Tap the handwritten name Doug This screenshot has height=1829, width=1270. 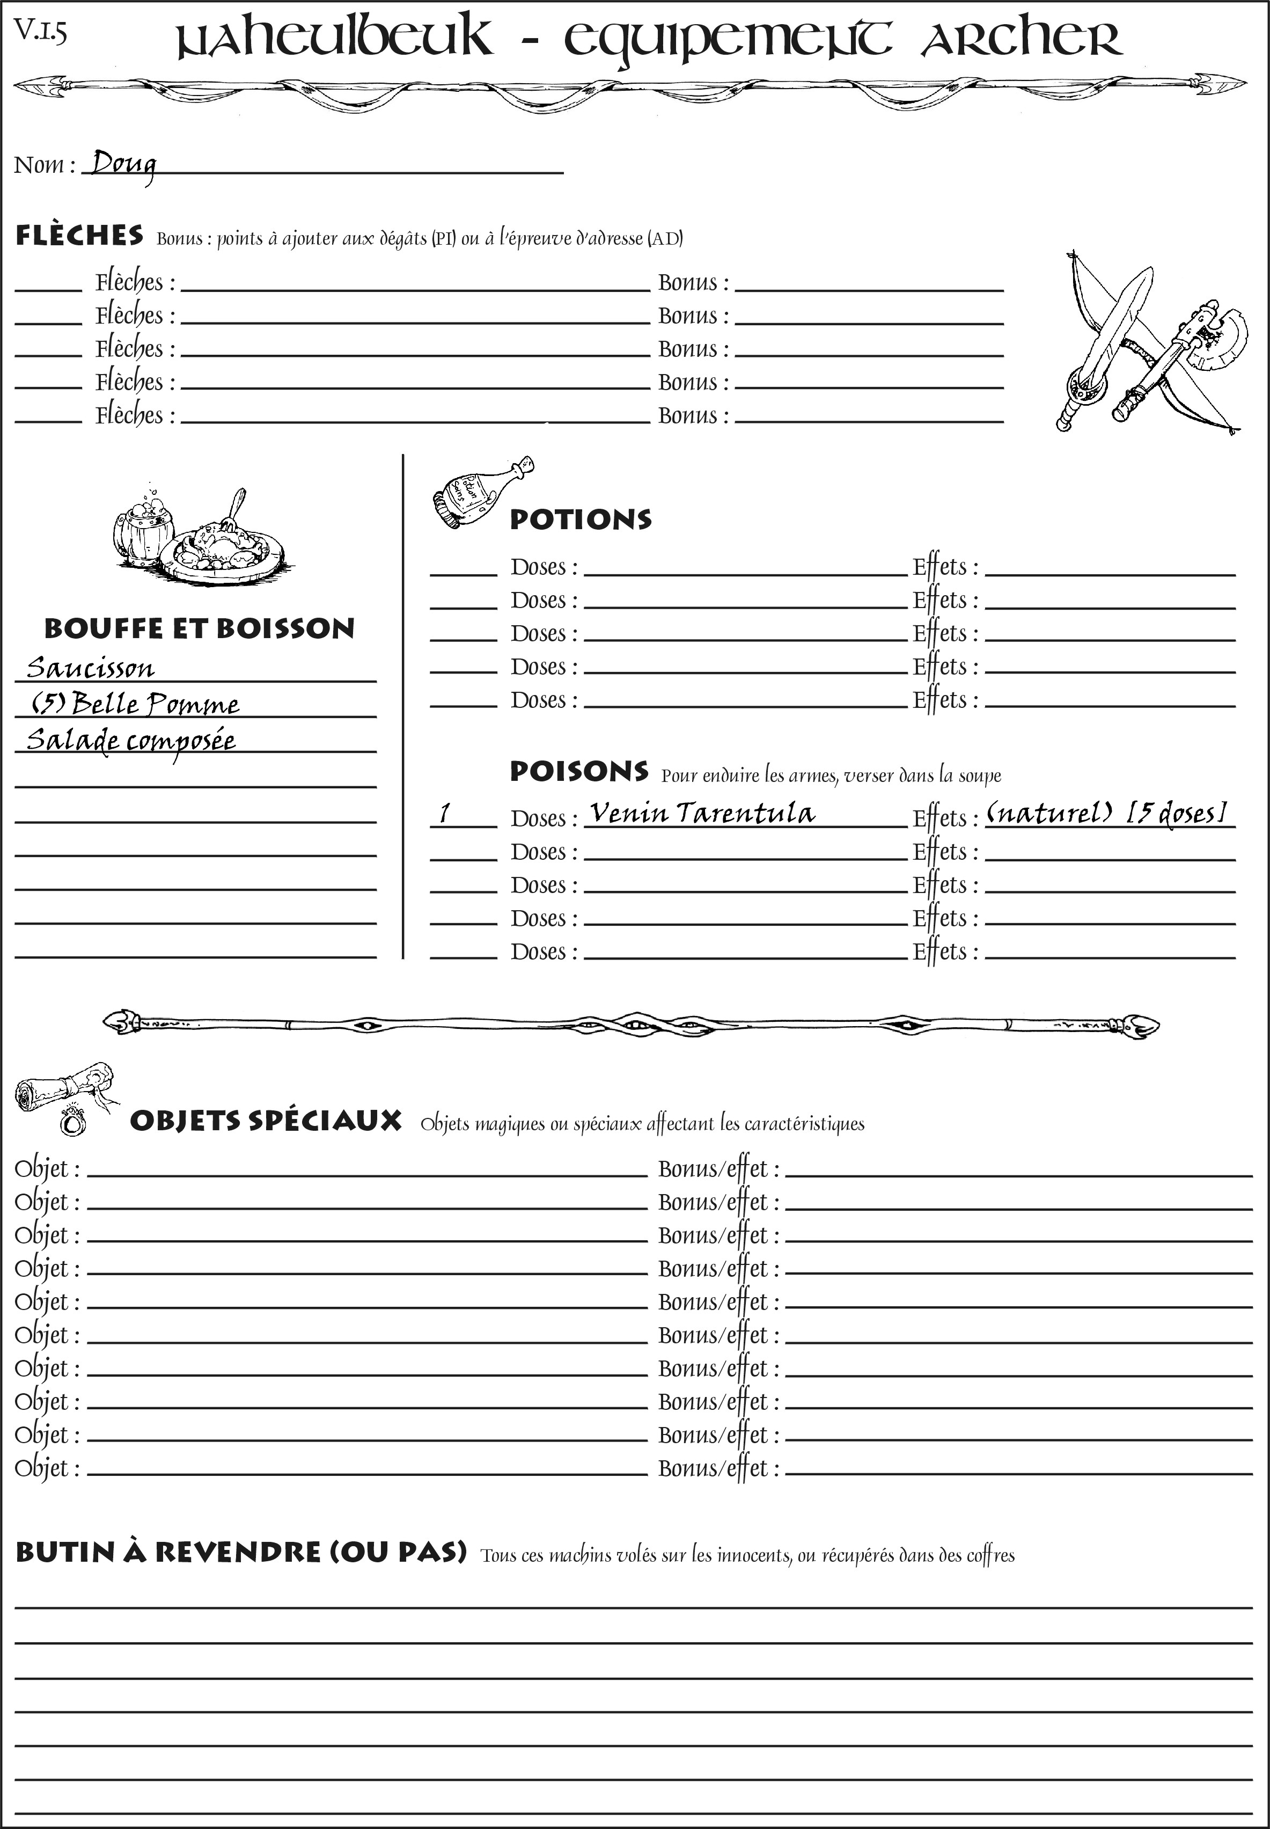[122, 165]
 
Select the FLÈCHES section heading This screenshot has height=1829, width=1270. [79, 236]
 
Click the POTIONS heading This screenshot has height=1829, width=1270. [580, 520]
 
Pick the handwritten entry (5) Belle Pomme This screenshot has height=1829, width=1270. [135, 704]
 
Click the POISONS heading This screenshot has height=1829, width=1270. [578, 771]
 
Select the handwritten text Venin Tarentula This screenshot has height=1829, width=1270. [702, 813]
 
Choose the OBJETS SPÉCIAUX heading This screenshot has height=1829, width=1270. [265, 1121]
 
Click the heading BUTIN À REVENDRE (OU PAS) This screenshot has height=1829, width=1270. [240, 1552]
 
